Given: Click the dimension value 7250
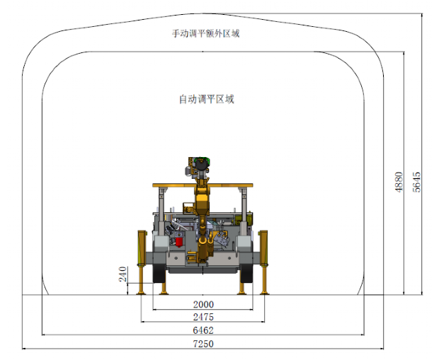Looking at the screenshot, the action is point(203,344).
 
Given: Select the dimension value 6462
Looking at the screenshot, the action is point(203,330).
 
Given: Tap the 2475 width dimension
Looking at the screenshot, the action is point(203,317).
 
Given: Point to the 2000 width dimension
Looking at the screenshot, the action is point(203,304).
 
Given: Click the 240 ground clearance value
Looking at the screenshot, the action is point(123,274).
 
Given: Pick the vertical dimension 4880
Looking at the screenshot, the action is point(399,182).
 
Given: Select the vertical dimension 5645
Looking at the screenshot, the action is point(416,182).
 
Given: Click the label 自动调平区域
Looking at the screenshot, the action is point(207,99).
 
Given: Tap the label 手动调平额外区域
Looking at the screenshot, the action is point(206,33).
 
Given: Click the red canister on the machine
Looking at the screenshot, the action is point(179,241).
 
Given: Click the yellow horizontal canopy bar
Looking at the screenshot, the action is point(203,185).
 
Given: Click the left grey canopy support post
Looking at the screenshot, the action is point(162,213).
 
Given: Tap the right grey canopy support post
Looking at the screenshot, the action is point(243,213).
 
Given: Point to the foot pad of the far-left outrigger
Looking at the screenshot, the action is point(141,293).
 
